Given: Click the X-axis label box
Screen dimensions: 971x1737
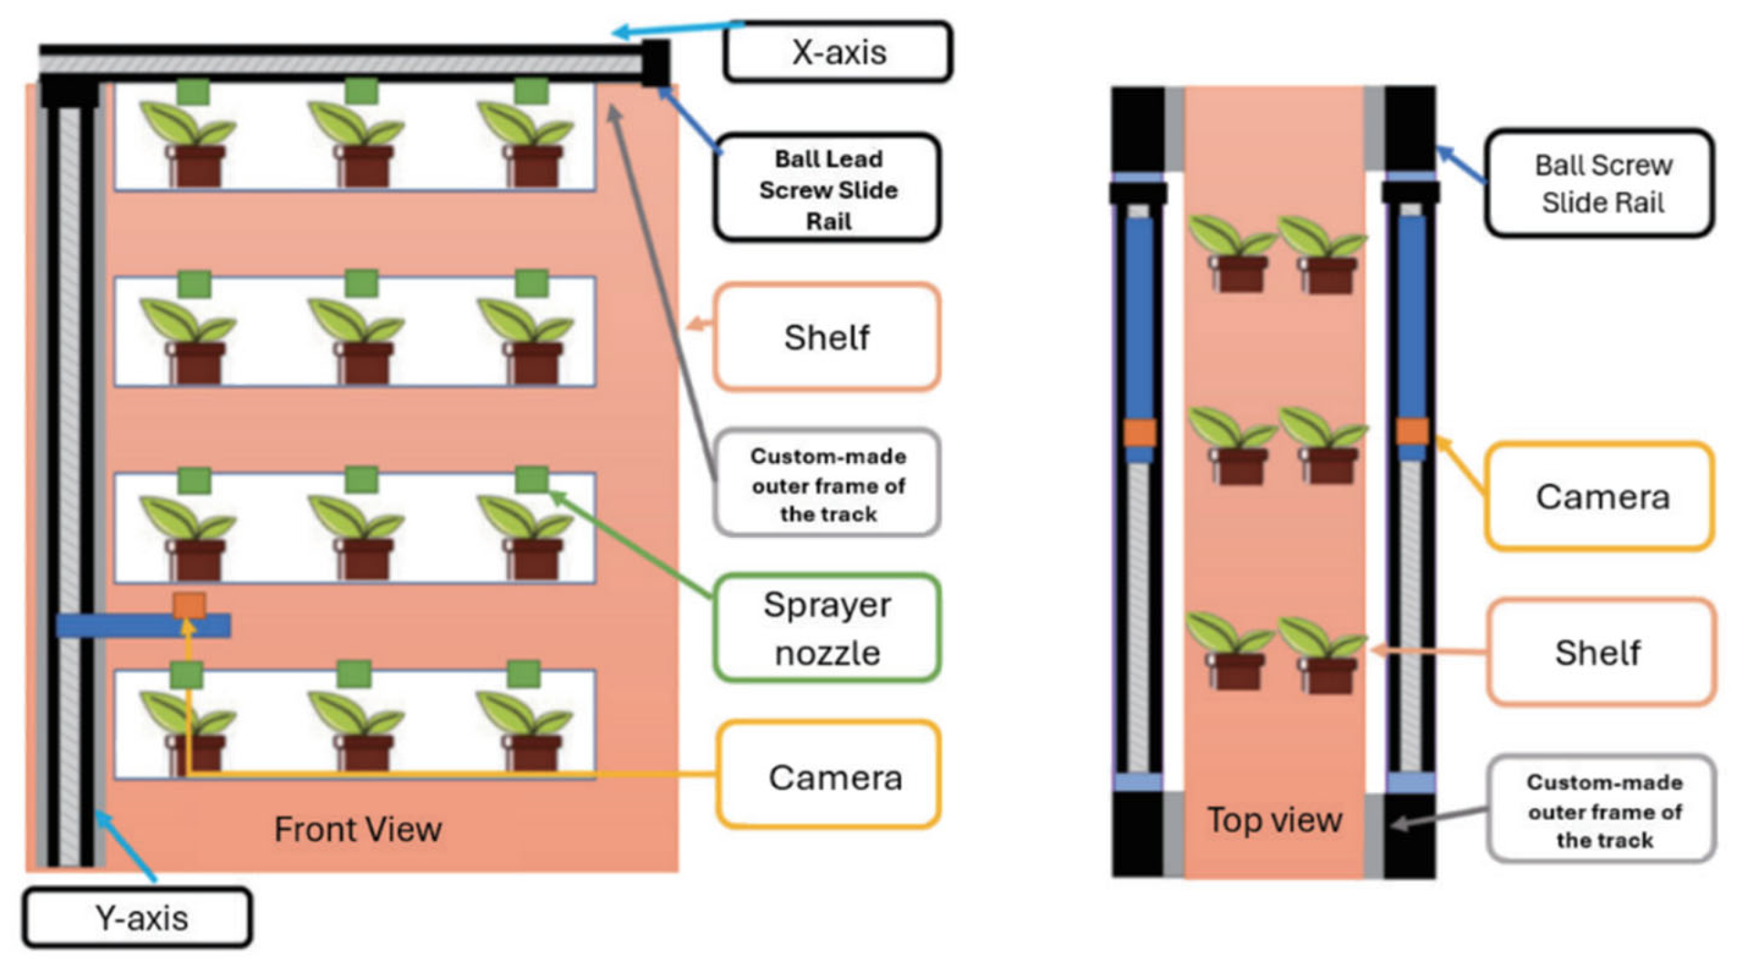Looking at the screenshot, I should pyautogui.click(x=837, y=52).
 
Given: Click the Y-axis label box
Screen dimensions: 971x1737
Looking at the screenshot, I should pyautogui.click(x=138, y=918).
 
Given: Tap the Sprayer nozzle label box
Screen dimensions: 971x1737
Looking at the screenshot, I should pyautogui.click(x=828, y=628).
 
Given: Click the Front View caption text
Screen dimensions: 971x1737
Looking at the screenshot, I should pyautogui.click(x=358, y=829).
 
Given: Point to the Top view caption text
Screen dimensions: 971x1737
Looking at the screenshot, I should pyautogui.click(x=1274, y=819).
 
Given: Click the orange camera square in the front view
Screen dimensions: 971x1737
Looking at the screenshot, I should pyautogui.click(x=189, y=605).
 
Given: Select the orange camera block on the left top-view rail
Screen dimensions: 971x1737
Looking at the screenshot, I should pyautogui.click(x=1139, y=432).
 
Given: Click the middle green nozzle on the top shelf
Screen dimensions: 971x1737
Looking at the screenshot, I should pyautogui.click(x=362, y=92).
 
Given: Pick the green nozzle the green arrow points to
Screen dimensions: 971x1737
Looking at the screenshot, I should pyautogui.click(x=531, y=479).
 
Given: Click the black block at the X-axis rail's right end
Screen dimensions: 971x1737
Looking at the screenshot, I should pyautogui.click(x=655, y=63).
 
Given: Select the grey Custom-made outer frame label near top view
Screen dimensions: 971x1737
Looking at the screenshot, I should pyautogui.click(x=1603, y=811).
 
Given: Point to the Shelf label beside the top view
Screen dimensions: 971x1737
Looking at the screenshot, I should pyautogui.click(x=1599, y=652).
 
